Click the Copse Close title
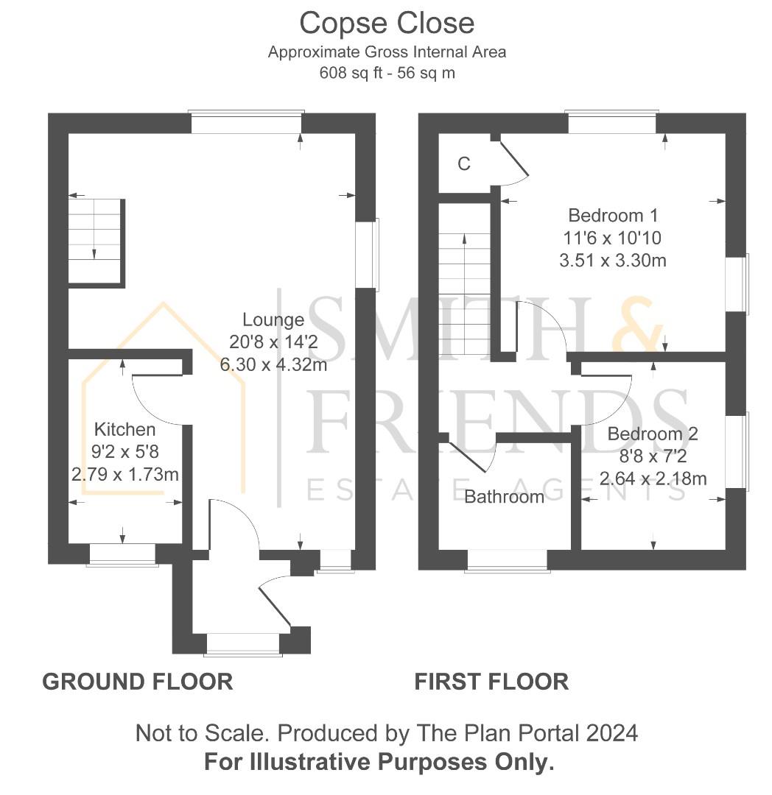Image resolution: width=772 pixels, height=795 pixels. [387, 24]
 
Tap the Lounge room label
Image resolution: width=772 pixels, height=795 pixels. [273, 320]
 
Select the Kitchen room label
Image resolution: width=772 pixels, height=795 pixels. [124, 429]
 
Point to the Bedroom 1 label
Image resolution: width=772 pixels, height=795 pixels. [613, 216]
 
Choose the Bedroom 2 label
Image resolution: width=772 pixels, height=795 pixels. [653, 434]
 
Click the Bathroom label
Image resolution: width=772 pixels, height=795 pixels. [504, 497]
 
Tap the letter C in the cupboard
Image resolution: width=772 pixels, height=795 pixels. [464, 163]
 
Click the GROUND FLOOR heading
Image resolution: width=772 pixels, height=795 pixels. [138, 682]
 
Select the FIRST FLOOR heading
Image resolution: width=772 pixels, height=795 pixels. [491, 682]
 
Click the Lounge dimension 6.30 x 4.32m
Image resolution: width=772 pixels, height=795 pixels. [273, 364]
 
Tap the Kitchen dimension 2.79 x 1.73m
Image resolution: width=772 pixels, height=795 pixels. [124, 475]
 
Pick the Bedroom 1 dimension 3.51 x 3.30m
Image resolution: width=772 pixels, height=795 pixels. [613, 261]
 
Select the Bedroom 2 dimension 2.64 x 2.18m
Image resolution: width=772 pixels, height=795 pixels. [653, 478]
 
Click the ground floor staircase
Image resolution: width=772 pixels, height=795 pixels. [96, 243]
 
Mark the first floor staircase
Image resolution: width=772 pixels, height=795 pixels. [465, 278]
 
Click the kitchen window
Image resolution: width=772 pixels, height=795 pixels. [122, 555]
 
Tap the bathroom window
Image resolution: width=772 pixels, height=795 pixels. [508, 561]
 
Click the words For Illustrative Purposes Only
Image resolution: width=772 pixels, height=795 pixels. [379, 762]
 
